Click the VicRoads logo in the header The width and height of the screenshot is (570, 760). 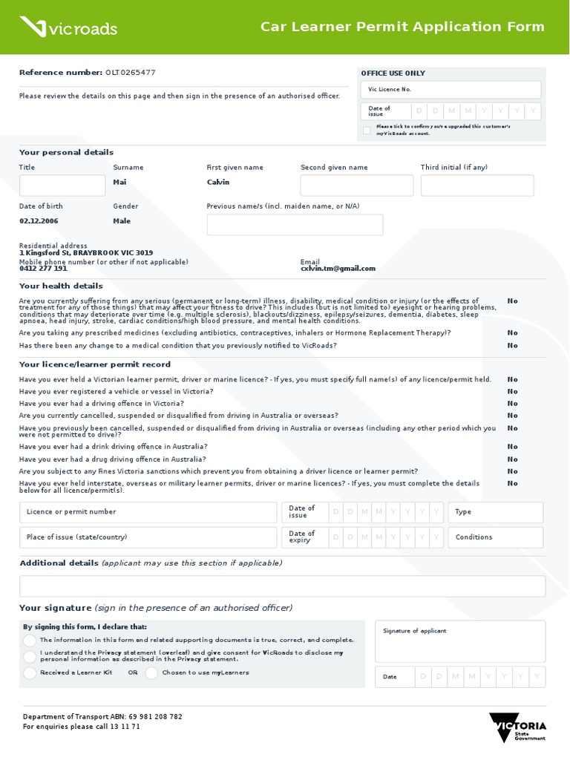[x=68, y=27]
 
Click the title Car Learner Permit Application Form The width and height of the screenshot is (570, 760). [x=402, y=27]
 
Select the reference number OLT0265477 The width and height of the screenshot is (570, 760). [x=131, y=73]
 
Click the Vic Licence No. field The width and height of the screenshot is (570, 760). [x=451, y=90]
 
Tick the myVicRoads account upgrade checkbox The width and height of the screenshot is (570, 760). [x=367, y=131]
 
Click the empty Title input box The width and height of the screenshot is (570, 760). [x=62, y=186]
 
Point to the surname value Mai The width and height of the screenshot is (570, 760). [x=119, y=183]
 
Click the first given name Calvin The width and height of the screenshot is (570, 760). [x=218, y=183]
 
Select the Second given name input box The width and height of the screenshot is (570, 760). [x=356, y=186]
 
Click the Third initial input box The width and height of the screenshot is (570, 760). [x=476, y=186]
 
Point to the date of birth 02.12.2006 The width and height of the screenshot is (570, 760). [x=39, y=221]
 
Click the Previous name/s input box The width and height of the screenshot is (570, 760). [x=295, y=225]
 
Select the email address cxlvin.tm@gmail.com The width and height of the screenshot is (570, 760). [x=338, y=269]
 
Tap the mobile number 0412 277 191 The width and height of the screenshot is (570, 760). [x=43, y=269]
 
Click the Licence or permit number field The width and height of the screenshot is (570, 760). [x=148, y=512]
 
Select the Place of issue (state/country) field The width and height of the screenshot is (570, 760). [x=148, y=537]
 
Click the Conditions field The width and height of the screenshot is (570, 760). [x=495, y=537]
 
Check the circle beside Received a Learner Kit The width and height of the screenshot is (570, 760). [x=30, y=673]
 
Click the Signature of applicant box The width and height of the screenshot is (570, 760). [x=460, y=642]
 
